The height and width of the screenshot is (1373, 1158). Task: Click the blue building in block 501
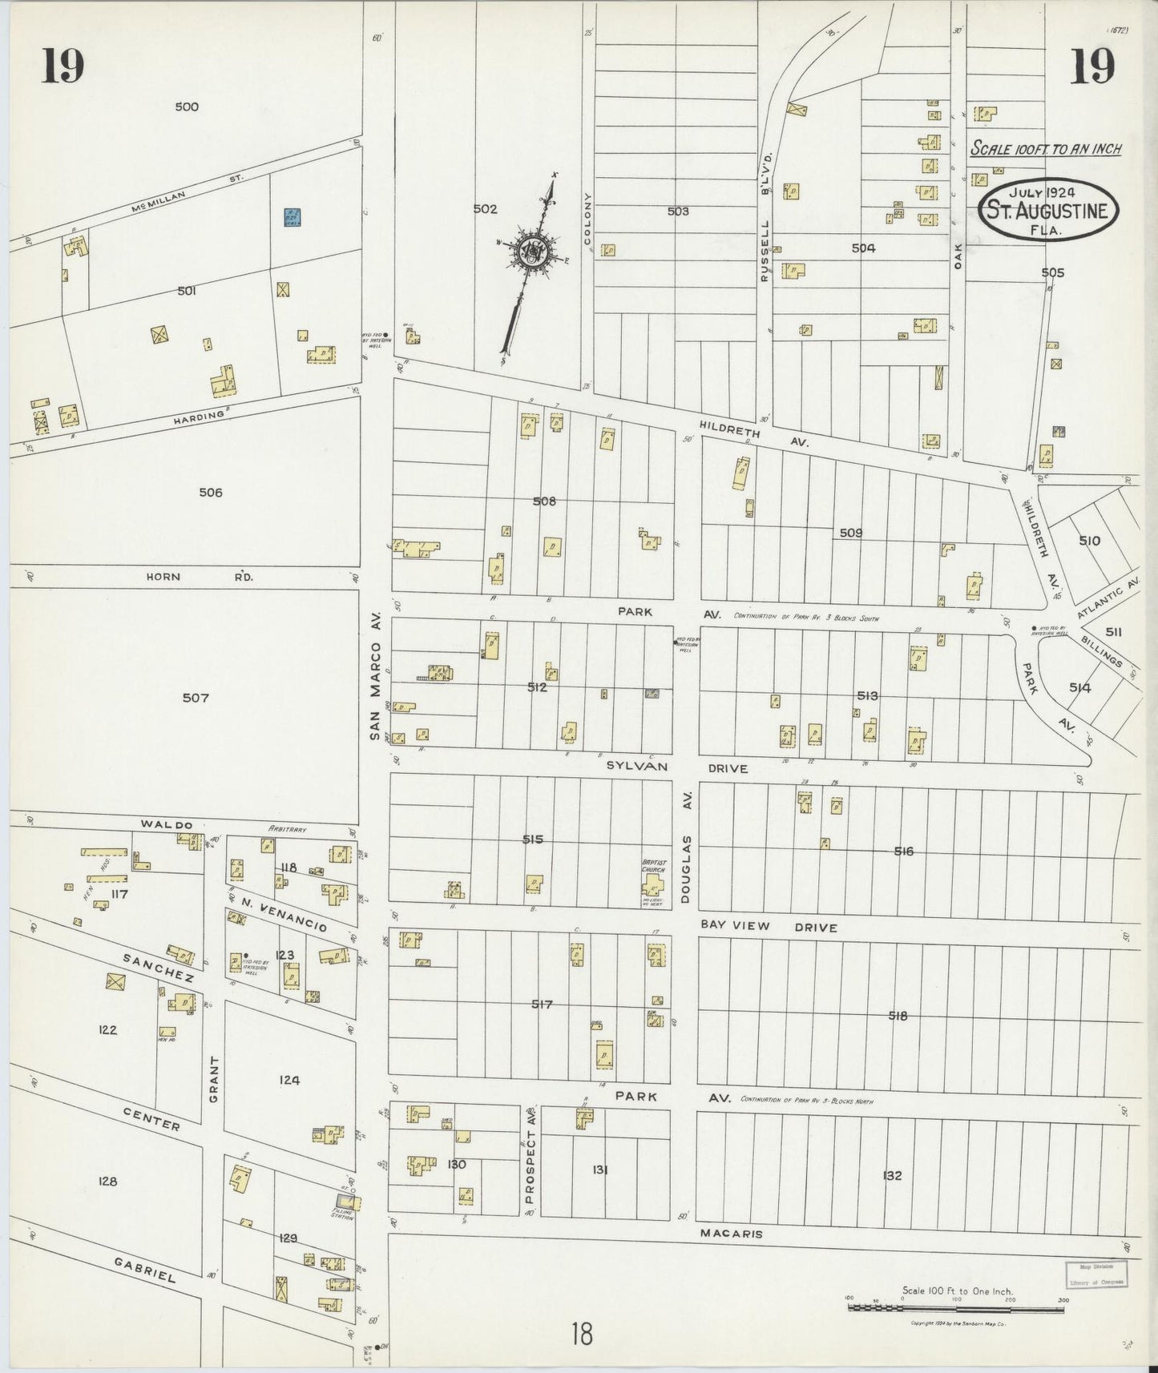click(292, 217)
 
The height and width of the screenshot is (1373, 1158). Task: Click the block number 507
click(196, 698)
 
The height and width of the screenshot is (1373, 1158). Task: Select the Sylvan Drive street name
click(676, 767)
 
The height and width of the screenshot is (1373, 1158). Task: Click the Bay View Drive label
click(769, 927)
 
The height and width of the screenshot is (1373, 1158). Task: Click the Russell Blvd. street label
click(765, 223)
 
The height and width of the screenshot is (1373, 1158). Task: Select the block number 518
click(898, 1016)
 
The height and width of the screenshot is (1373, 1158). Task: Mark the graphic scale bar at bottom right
click(957, 1308)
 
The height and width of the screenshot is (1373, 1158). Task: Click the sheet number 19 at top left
click(63, 66)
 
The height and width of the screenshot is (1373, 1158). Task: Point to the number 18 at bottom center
click(582, 1335)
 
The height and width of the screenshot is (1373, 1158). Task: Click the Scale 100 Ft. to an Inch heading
click(1045, 149)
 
